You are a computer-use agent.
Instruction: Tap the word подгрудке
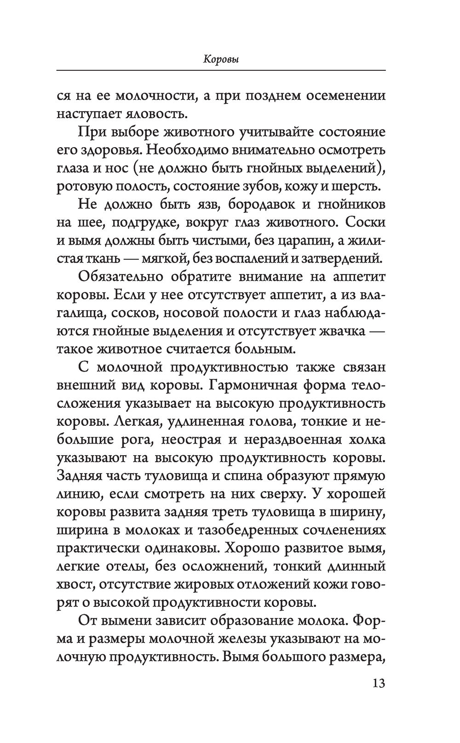tap(130, 223)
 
